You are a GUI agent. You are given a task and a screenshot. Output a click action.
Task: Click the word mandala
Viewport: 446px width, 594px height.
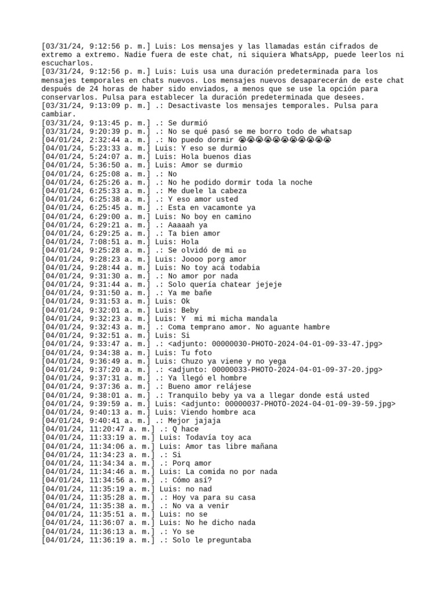coord(254,318)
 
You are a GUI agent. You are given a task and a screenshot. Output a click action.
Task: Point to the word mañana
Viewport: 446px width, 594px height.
coord(262,446)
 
